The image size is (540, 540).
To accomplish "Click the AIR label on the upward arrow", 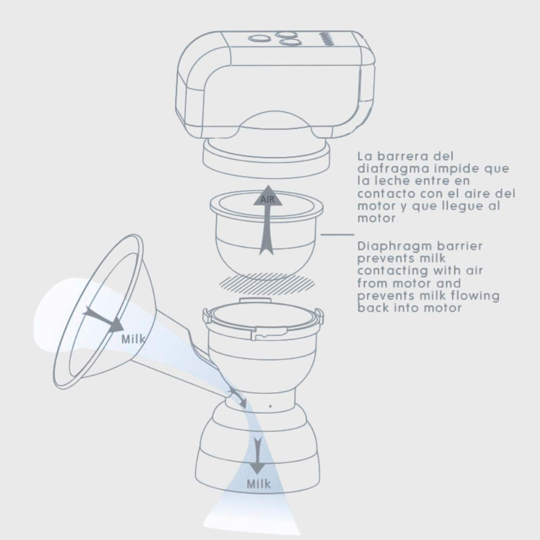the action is pyautogui.click(x=268, y=200).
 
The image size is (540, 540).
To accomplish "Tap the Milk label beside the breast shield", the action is pyautogui.click(x=133, y=339).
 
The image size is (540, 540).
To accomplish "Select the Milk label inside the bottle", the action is pyautogui.click(x=259, y=484).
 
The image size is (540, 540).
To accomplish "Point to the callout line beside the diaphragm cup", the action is pyautogui.click(x=337, y=234).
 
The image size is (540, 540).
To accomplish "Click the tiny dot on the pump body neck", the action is pyautogui.click(x=271, y=407).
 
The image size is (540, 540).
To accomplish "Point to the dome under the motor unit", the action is pyautogui.click(x=274, y=122).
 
